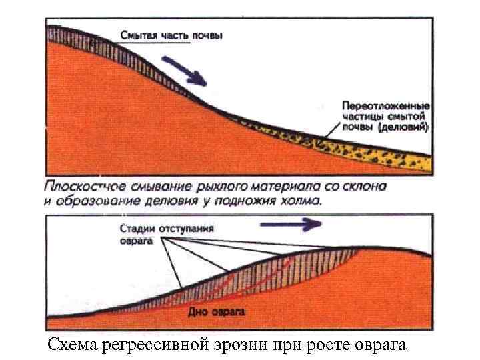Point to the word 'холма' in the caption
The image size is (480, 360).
(x=299, y=199)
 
